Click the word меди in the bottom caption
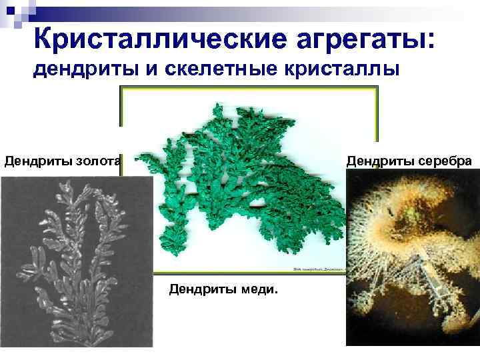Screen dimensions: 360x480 (264, 290)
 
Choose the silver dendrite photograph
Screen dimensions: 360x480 (413, 260)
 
